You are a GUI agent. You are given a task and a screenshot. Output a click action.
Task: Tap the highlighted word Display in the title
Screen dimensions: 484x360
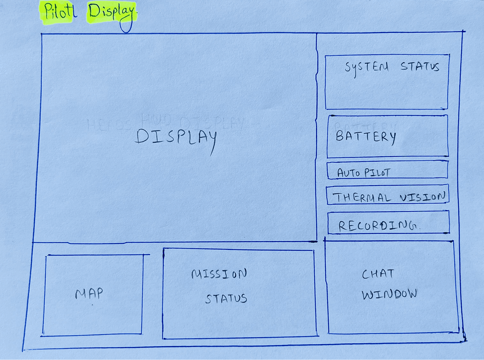point(111,13)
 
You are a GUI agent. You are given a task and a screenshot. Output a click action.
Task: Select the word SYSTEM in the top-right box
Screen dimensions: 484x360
point(367,67)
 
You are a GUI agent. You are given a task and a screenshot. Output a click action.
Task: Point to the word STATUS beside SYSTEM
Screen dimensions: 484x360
point(420,66)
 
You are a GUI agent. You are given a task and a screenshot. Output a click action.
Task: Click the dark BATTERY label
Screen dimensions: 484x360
point(365,137)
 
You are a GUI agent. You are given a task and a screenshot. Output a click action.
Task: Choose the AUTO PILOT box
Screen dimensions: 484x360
point(387,171)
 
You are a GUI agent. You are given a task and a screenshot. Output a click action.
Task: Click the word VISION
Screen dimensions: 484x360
point(423,197)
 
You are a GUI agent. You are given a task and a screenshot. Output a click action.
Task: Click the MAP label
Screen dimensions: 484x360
point(89,294)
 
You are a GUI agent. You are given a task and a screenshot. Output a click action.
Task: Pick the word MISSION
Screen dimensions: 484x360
point(219,274)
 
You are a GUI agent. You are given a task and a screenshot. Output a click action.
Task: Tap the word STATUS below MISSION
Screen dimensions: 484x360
point(226,298)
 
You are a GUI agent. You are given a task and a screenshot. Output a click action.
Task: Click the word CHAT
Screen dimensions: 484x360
point(378,274)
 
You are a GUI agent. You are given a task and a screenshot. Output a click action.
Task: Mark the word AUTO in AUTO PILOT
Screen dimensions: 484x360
point(348,173)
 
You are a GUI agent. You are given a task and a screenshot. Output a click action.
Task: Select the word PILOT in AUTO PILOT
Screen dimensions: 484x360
point(377,172)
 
